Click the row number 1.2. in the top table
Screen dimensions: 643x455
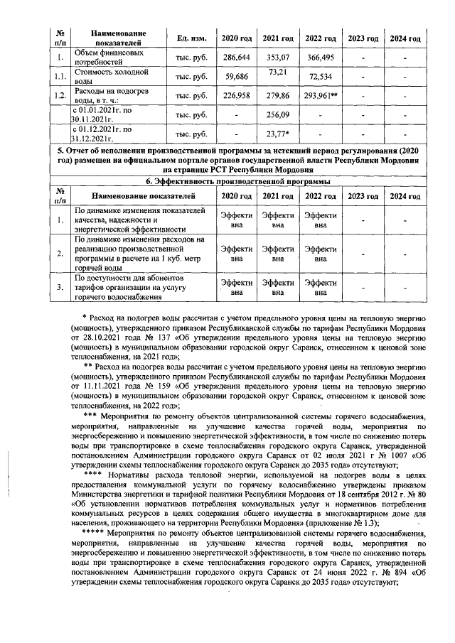(61, 95)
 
